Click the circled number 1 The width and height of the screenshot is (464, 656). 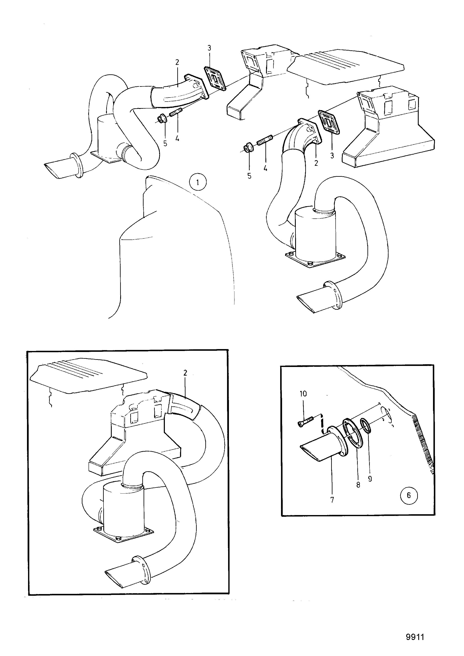(198, 182)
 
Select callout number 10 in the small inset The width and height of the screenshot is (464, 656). (303, 394)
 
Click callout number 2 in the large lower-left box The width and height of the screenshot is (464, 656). (185, 373)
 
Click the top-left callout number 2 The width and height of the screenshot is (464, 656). (177, 62)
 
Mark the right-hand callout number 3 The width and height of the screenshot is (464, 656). (332, 156)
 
